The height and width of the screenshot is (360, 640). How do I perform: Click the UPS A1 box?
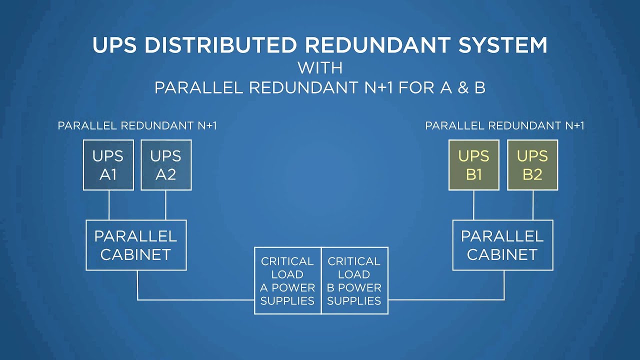point(108,165)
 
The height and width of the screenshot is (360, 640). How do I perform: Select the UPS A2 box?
point(166,165)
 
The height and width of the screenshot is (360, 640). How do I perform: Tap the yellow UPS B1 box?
point(473,165)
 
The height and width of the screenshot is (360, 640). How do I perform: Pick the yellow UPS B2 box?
point(532,165)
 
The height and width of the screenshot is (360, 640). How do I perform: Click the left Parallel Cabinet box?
point(136,245)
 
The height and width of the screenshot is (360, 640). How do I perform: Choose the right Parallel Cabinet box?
point(502,245)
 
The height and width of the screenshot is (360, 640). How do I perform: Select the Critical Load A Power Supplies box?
point(287,280)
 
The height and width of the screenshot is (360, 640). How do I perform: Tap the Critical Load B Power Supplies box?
point(354,280)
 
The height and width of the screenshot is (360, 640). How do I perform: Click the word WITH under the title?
point(320,67)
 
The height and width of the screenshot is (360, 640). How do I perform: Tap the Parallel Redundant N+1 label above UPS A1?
point(137,126)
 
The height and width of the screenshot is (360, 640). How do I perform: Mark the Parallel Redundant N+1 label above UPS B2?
point(504,126)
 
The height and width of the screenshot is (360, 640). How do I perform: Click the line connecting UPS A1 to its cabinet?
point(109,205)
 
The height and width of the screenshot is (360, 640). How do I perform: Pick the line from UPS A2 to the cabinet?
point(166,205)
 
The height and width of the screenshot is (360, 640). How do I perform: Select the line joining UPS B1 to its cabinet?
point(474,205)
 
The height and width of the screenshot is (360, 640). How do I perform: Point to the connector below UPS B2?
point(532,205)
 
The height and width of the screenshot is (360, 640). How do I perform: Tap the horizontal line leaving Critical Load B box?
point(445,300)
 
